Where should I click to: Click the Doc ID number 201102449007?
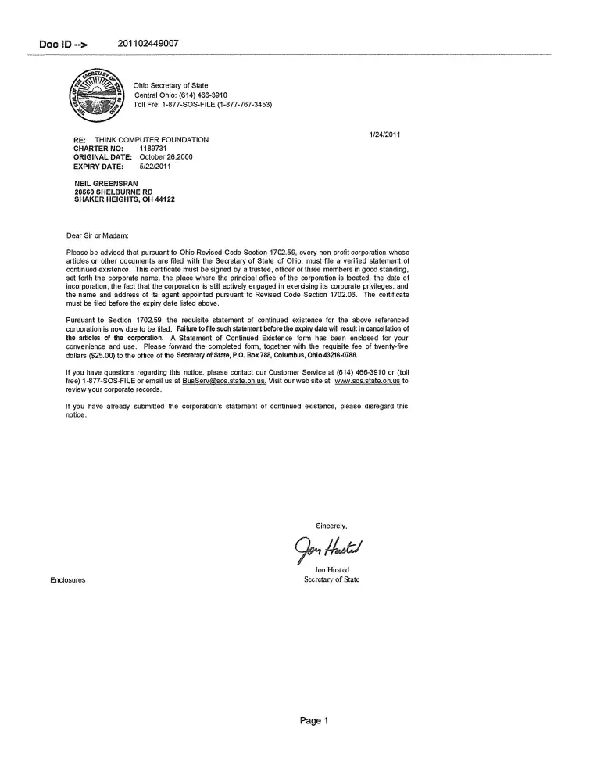click(148, 43)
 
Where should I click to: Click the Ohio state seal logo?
click(98, 95)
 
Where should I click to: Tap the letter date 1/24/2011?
click(384, 135)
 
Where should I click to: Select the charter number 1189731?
click(154, 149)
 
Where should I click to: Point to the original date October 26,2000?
click(166, 157)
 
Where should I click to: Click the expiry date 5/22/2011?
click(155, 167)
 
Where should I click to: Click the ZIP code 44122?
click(165, 199)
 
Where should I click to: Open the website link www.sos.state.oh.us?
click(367, 381)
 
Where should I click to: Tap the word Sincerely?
click(331, 526)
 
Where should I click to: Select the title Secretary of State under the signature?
click(331, 579)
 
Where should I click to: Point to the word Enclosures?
click(68, 580)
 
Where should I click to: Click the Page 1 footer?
click(314, 720)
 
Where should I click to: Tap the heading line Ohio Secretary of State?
click(170, 85)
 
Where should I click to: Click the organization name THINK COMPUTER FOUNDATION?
click(152, 140)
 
